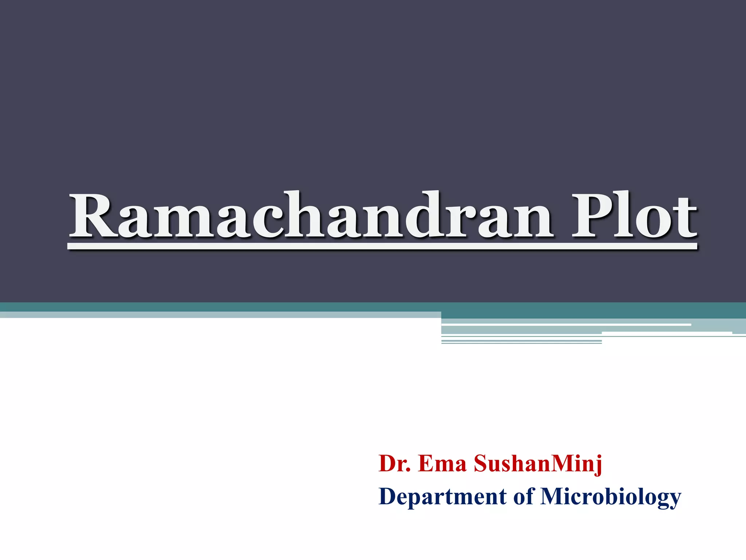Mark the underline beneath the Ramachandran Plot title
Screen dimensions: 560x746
point(382,247)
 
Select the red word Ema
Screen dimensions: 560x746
point(442,464)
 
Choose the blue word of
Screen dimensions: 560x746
point(523,497)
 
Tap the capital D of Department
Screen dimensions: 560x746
point(388,497)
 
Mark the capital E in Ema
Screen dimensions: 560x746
point(425,464)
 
